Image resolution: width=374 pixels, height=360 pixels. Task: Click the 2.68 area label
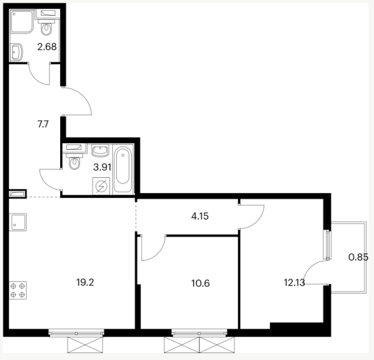pyautogui.click(x=47, y=47)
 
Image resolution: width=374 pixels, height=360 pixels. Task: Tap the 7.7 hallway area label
pyautogui.click(x=43, y=124)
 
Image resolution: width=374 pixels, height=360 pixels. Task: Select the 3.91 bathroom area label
pyautogui.click(x=102, y=167)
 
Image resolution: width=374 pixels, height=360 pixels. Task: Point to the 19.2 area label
pyautogui.click(x=85, y=283)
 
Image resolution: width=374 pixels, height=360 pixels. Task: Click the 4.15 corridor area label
pyautogui.click(x=200, y=216)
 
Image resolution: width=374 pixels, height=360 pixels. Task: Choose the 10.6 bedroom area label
pyautogui.click(x=200, y=283)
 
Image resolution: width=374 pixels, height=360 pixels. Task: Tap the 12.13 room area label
pyautogui.click(x=294, y=283)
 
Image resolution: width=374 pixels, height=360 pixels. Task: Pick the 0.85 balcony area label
pyautogui.click(x=358, y=257)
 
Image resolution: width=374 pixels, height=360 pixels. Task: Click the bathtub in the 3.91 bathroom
pyautogui.click(x=123, y=169)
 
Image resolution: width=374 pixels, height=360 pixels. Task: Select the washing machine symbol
pyautogui.click(x=101, y=186)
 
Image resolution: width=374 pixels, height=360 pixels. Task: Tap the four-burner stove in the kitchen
pyautogui.click(x=18, y=290)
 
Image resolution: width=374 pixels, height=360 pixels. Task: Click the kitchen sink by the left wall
pyautogui.click(x=18, y=222)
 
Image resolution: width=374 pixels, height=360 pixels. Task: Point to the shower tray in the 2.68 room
pyautogui.click(x=21, y=21)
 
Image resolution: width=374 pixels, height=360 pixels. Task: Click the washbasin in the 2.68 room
pyautogui.click(x=16, y=52)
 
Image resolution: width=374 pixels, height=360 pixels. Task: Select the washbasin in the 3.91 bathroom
pyautogui.click(x=101, y=151)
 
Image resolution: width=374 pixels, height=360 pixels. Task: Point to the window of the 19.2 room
pyautogui.click(x=77, y=333)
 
